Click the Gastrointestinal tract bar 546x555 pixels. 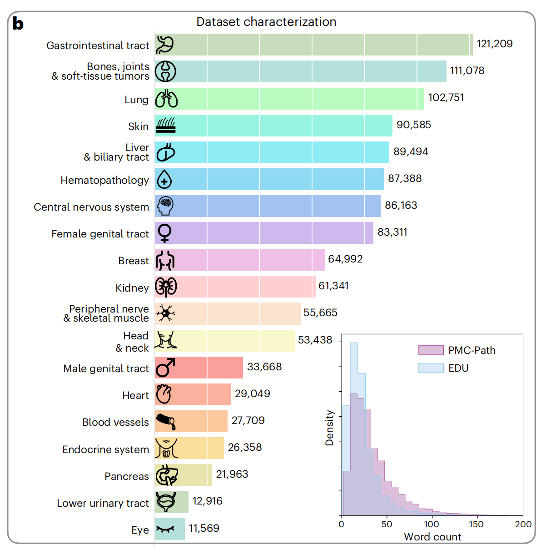coord(313,45)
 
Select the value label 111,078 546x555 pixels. coord(467,71)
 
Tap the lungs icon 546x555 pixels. coord(166,99)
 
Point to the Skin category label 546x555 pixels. coord(138,126)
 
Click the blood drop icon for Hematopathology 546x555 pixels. coord(164,180)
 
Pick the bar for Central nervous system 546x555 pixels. coord(268,206)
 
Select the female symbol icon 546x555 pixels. coord(164,233)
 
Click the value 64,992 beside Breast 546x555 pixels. coord(345,259)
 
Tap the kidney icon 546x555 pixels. coord(166,287)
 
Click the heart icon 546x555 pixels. coord(164,394)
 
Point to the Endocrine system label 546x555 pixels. coord(105,449)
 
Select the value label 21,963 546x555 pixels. coord(232,474)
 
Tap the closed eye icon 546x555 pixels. coord(165,529)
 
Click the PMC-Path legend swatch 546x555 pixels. coord(430,350)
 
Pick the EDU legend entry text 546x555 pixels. coord(458,368)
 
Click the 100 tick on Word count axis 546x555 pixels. coord(432,524)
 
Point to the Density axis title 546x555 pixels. coord(329,428)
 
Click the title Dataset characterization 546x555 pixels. coord(266,22)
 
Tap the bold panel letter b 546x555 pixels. coord(18,24)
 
